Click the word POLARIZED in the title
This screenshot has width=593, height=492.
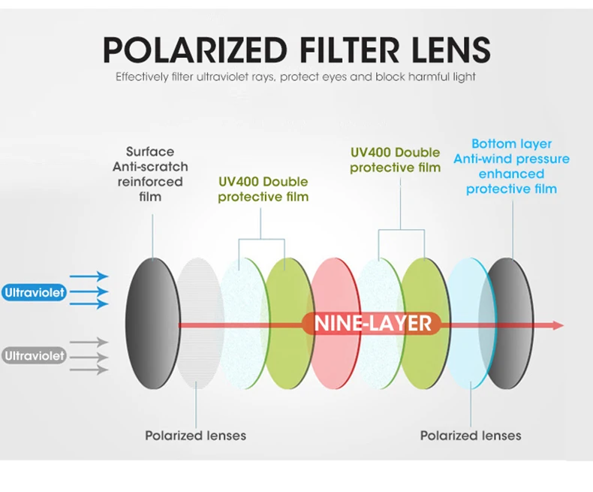(194, 50)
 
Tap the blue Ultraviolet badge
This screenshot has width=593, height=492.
(34, 292)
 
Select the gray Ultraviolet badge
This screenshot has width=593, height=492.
(34, 355)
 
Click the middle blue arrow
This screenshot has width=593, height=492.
(90, 291)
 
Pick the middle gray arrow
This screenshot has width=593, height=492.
(90, 355)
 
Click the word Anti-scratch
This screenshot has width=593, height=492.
(150, 167)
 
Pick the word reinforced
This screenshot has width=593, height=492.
(148, 182)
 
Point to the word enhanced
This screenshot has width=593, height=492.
(511, 174)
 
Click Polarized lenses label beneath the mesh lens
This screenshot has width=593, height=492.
(195, 435)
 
